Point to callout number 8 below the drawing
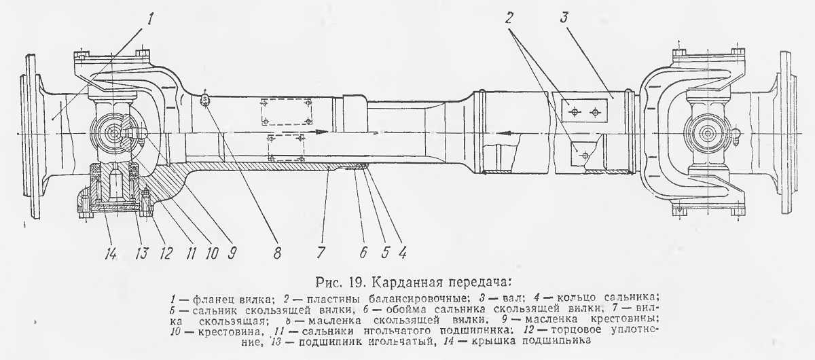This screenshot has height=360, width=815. click(277, 253)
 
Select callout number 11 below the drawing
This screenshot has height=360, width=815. click(192, 253)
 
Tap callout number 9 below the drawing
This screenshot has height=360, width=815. click(232, 253)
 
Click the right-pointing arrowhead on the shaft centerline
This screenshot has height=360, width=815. click(323, 132)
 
